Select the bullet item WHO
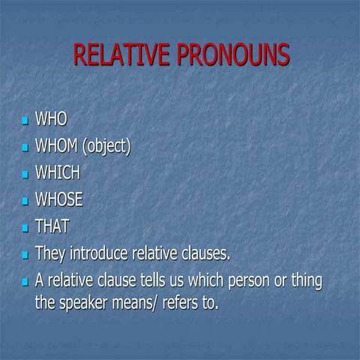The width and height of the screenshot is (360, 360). pyautogui.click(x=52, y=119)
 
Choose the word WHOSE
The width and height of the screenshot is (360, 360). pyautogui.click(x=59, y=199)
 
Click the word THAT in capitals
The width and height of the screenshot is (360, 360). pyautogui.click(x=52, y=226)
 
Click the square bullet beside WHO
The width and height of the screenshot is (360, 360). pyautogui.click(x=26, y=120)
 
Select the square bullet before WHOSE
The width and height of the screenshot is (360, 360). pyautogui.click(x=26, y=201)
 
